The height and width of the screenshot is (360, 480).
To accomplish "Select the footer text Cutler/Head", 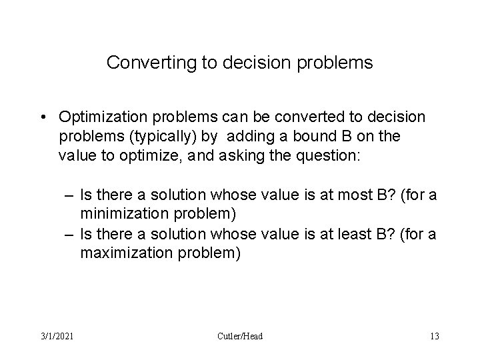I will (x=240, y=336).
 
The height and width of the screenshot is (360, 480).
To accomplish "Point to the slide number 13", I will (x=434, y=336).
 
